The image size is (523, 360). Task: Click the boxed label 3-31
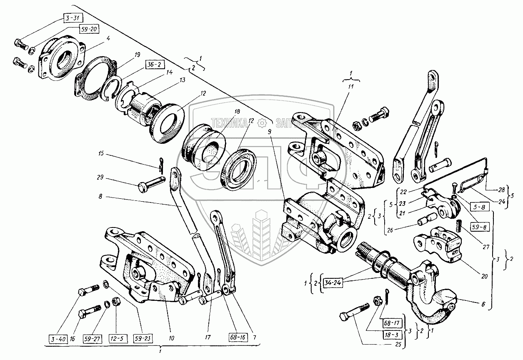click(73, 17)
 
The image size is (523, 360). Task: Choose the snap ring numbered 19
click(112, 87)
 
